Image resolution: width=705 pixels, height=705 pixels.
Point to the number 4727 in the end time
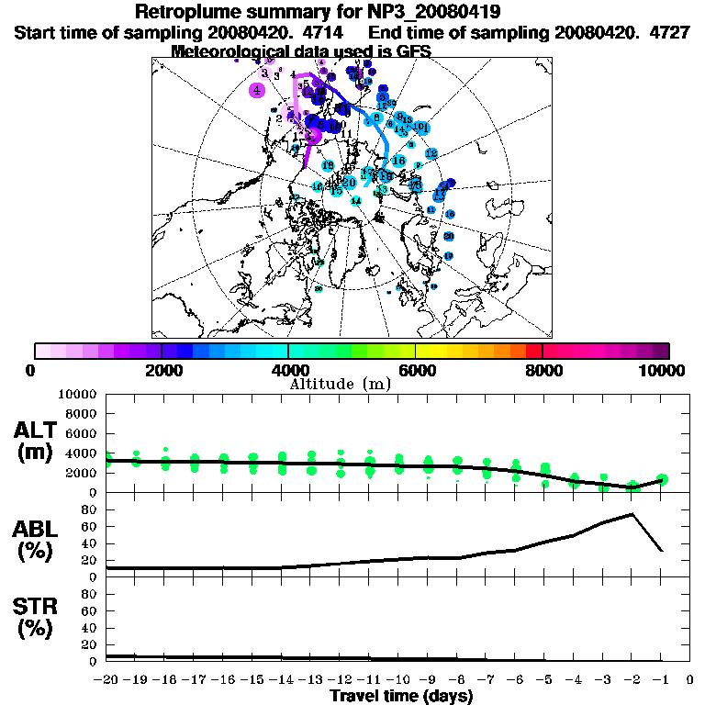(644, 32)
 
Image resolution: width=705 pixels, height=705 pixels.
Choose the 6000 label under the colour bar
(415, 370)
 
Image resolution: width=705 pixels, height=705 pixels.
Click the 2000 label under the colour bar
(161, 370)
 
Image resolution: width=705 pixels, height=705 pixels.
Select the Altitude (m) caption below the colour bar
(341, 383)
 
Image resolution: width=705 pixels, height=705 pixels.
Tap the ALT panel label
(36, 430)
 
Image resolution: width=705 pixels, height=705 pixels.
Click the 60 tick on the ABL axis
(90, 526)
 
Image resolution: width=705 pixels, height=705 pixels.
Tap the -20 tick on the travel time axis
(106, 680)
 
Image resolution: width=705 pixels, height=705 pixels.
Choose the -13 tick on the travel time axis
(310, 680)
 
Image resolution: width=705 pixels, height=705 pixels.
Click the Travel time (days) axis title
(401, 697)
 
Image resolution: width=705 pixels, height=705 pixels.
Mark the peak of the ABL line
(632, 514)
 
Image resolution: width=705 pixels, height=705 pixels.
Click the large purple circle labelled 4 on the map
(257, 90)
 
